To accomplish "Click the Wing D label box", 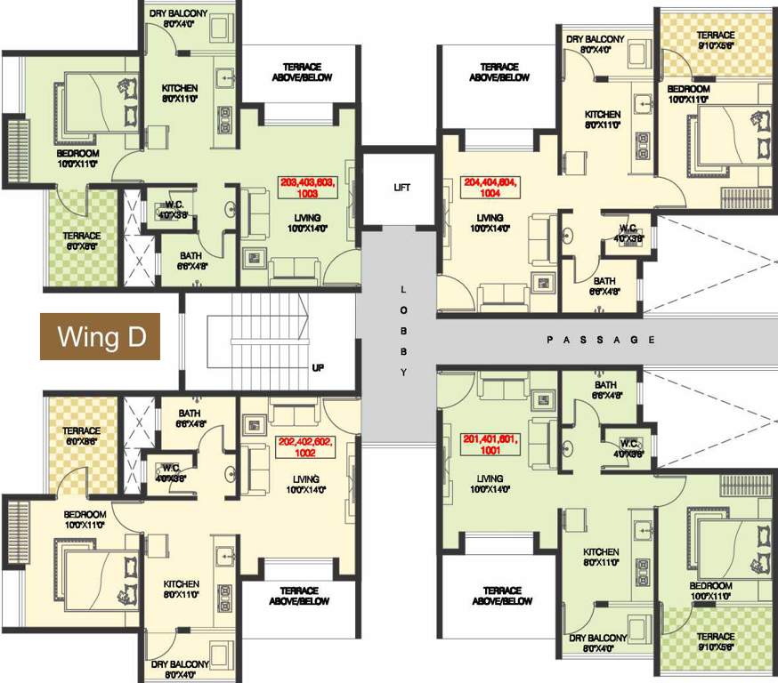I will [x=100, y=337].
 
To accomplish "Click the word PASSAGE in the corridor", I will [x=601, y=340].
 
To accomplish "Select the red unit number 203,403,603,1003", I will [x=305, y=187].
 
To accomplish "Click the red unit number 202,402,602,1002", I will [x=305, y=446].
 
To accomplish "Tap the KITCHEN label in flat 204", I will [x=603, y=120].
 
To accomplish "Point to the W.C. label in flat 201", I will [x=628, y=447].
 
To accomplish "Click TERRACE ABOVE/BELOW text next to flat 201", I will [x=501, y=596].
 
